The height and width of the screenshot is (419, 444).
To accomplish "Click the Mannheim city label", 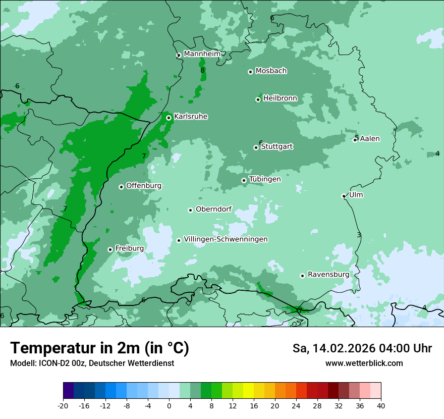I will coord(202,54).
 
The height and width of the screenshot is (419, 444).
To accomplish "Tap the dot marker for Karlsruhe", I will coord(169,118).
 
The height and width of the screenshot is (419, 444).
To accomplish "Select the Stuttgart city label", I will coord(276,147).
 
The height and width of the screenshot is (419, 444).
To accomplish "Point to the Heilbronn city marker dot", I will coord(258,99).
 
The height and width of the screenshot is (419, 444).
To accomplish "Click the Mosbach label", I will coord(271,71).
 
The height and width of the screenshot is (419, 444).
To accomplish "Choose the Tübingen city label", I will coord(265,179).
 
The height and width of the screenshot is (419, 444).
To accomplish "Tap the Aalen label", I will coord(370,139).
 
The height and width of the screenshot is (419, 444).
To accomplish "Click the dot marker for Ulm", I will coord(344,196).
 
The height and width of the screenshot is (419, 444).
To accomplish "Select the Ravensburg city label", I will coord(328,275).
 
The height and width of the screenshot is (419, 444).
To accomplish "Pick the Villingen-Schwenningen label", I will coord(226,239).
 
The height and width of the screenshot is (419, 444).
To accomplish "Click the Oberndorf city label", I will coord(213,210).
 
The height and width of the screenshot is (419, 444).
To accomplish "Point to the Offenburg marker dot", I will coord(121,187).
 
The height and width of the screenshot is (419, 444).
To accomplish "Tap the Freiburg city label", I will coord(129,248).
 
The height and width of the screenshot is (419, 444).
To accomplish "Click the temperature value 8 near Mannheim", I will coord(202,71).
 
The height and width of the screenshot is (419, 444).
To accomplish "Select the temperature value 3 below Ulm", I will coord(359,235).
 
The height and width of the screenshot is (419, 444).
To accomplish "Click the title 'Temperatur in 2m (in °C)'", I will coord(99,348).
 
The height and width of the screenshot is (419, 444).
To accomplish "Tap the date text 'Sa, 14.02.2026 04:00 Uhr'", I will coord(362,348).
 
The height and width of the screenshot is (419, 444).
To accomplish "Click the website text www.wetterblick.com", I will coord(364,363).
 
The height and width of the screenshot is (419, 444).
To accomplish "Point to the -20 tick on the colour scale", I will coord(63,405).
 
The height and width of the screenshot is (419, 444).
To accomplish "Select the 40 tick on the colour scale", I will coord(380,405).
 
